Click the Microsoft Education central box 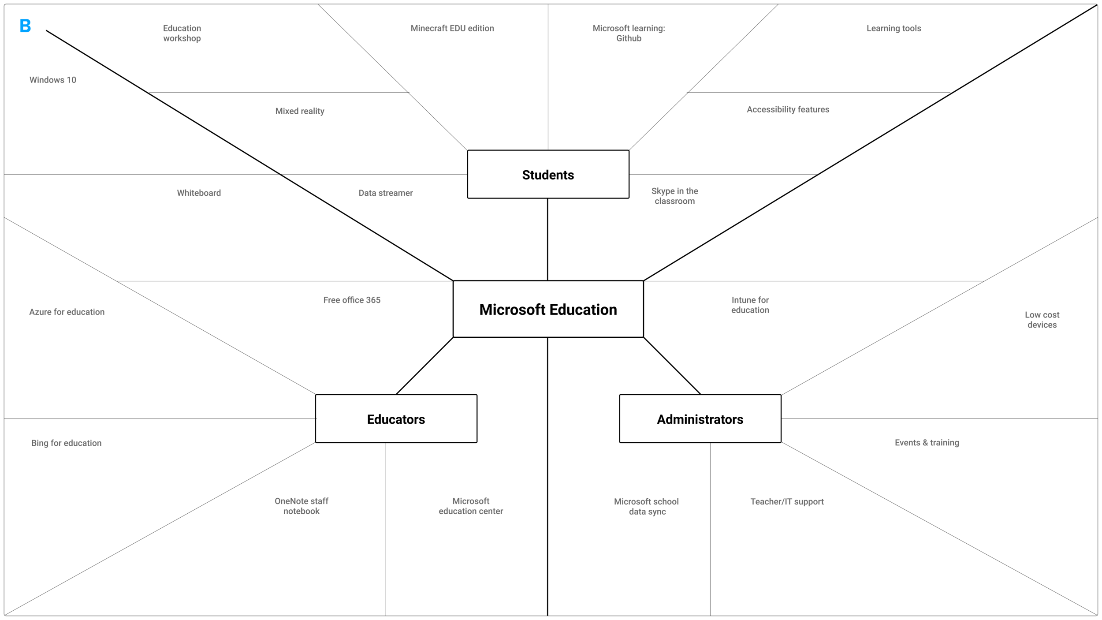(x=548, y=309)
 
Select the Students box (x=548, y=174)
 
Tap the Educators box (x=396, y=418)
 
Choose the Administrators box (x=700, y=418)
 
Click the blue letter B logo (x=26, y=26)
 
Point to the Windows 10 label (x=53, y=80)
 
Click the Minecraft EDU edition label (x=452, y=28)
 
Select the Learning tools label (x=894, y=28)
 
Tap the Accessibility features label (x=788, y=109)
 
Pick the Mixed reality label (x=300, y=111)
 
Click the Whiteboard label (x=199, y=193)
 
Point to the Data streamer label (x=386, y=193)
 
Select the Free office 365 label (x=352, y=300)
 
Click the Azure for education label (x=67, y=312)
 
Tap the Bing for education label (x=66, y=443)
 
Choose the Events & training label (x=927, y=442)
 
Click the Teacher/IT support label (x=787, y=501)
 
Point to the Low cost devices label (x=1042, y=320)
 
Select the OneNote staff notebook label (x=302, y=506)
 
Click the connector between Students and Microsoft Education (x=547, y=239)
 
